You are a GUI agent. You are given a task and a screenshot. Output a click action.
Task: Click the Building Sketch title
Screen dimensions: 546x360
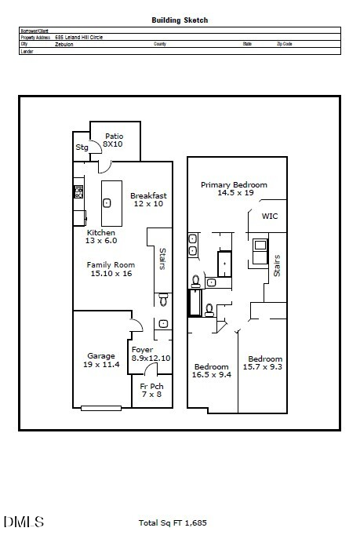180,20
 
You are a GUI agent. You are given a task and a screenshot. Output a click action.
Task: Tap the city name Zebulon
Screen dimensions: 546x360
64,44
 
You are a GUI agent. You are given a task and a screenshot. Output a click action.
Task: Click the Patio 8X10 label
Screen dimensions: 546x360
114,140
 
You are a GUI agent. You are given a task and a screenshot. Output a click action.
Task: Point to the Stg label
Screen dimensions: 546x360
82,147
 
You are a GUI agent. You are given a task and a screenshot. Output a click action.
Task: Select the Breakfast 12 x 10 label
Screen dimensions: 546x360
148,199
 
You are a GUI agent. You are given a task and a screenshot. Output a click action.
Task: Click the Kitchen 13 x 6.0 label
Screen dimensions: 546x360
101,237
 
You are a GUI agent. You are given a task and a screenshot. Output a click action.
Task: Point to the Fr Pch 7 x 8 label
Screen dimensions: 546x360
151,391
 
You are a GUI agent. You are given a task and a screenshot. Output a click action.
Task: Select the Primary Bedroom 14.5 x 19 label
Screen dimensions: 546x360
234,188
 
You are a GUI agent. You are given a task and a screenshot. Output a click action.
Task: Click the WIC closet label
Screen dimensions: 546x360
270,216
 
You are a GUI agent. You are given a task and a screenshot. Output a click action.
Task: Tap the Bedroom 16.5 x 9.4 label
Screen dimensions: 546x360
212,371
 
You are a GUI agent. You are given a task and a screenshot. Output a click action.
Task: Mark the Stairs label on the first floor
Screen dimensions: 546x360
162,260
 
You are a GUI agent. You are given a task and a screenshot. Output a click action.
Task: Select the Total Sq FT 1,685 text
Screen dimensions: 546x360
172,522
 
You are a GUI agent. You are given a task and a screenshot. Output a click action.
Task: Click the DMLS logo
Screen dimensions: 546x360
24,522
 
